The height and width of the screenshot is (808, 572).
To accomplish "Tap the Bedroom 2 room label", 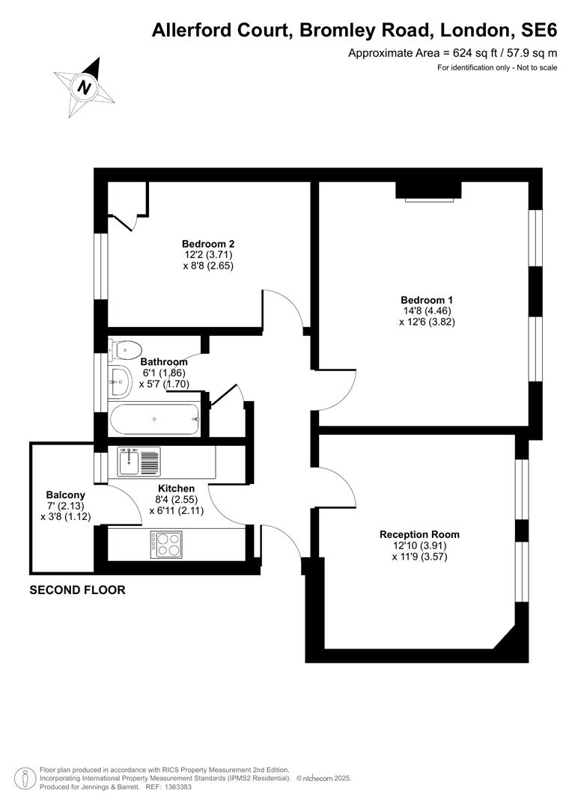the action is coord(208,244).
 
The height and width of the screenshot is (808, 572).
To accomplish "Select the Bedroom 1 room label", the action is coord(427,300).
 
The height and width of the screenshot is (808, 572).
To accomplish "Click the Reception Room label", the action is coord(419,534).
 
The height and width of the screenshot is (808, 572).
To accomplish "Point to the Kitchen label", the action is coord(177,488).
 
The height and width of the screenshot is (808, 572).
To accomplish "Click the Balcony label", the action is coord(65,495).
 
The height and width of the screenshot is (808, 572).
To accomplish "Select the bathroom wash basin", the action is coord(119,382).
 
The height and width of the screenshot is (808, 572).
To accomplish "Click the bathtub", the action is coord(155,420).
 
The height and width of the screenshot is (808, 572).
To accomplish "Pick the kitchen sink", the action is coord(139,462).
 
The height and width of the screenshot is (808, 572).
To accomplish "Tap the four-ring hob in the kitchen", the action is coord(166,544).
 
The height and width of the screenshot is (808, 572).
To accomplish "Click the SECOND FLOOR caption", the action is coord(77,590).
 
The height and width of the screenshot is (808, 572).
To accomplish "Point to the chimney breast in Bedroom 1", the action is coord(428,189).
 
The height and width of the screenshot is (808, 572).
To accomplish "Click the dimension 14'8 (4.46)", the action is coord(427,310).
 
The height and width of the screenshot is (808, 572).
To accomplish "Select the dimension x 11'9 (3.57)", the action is coord(419,557).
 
